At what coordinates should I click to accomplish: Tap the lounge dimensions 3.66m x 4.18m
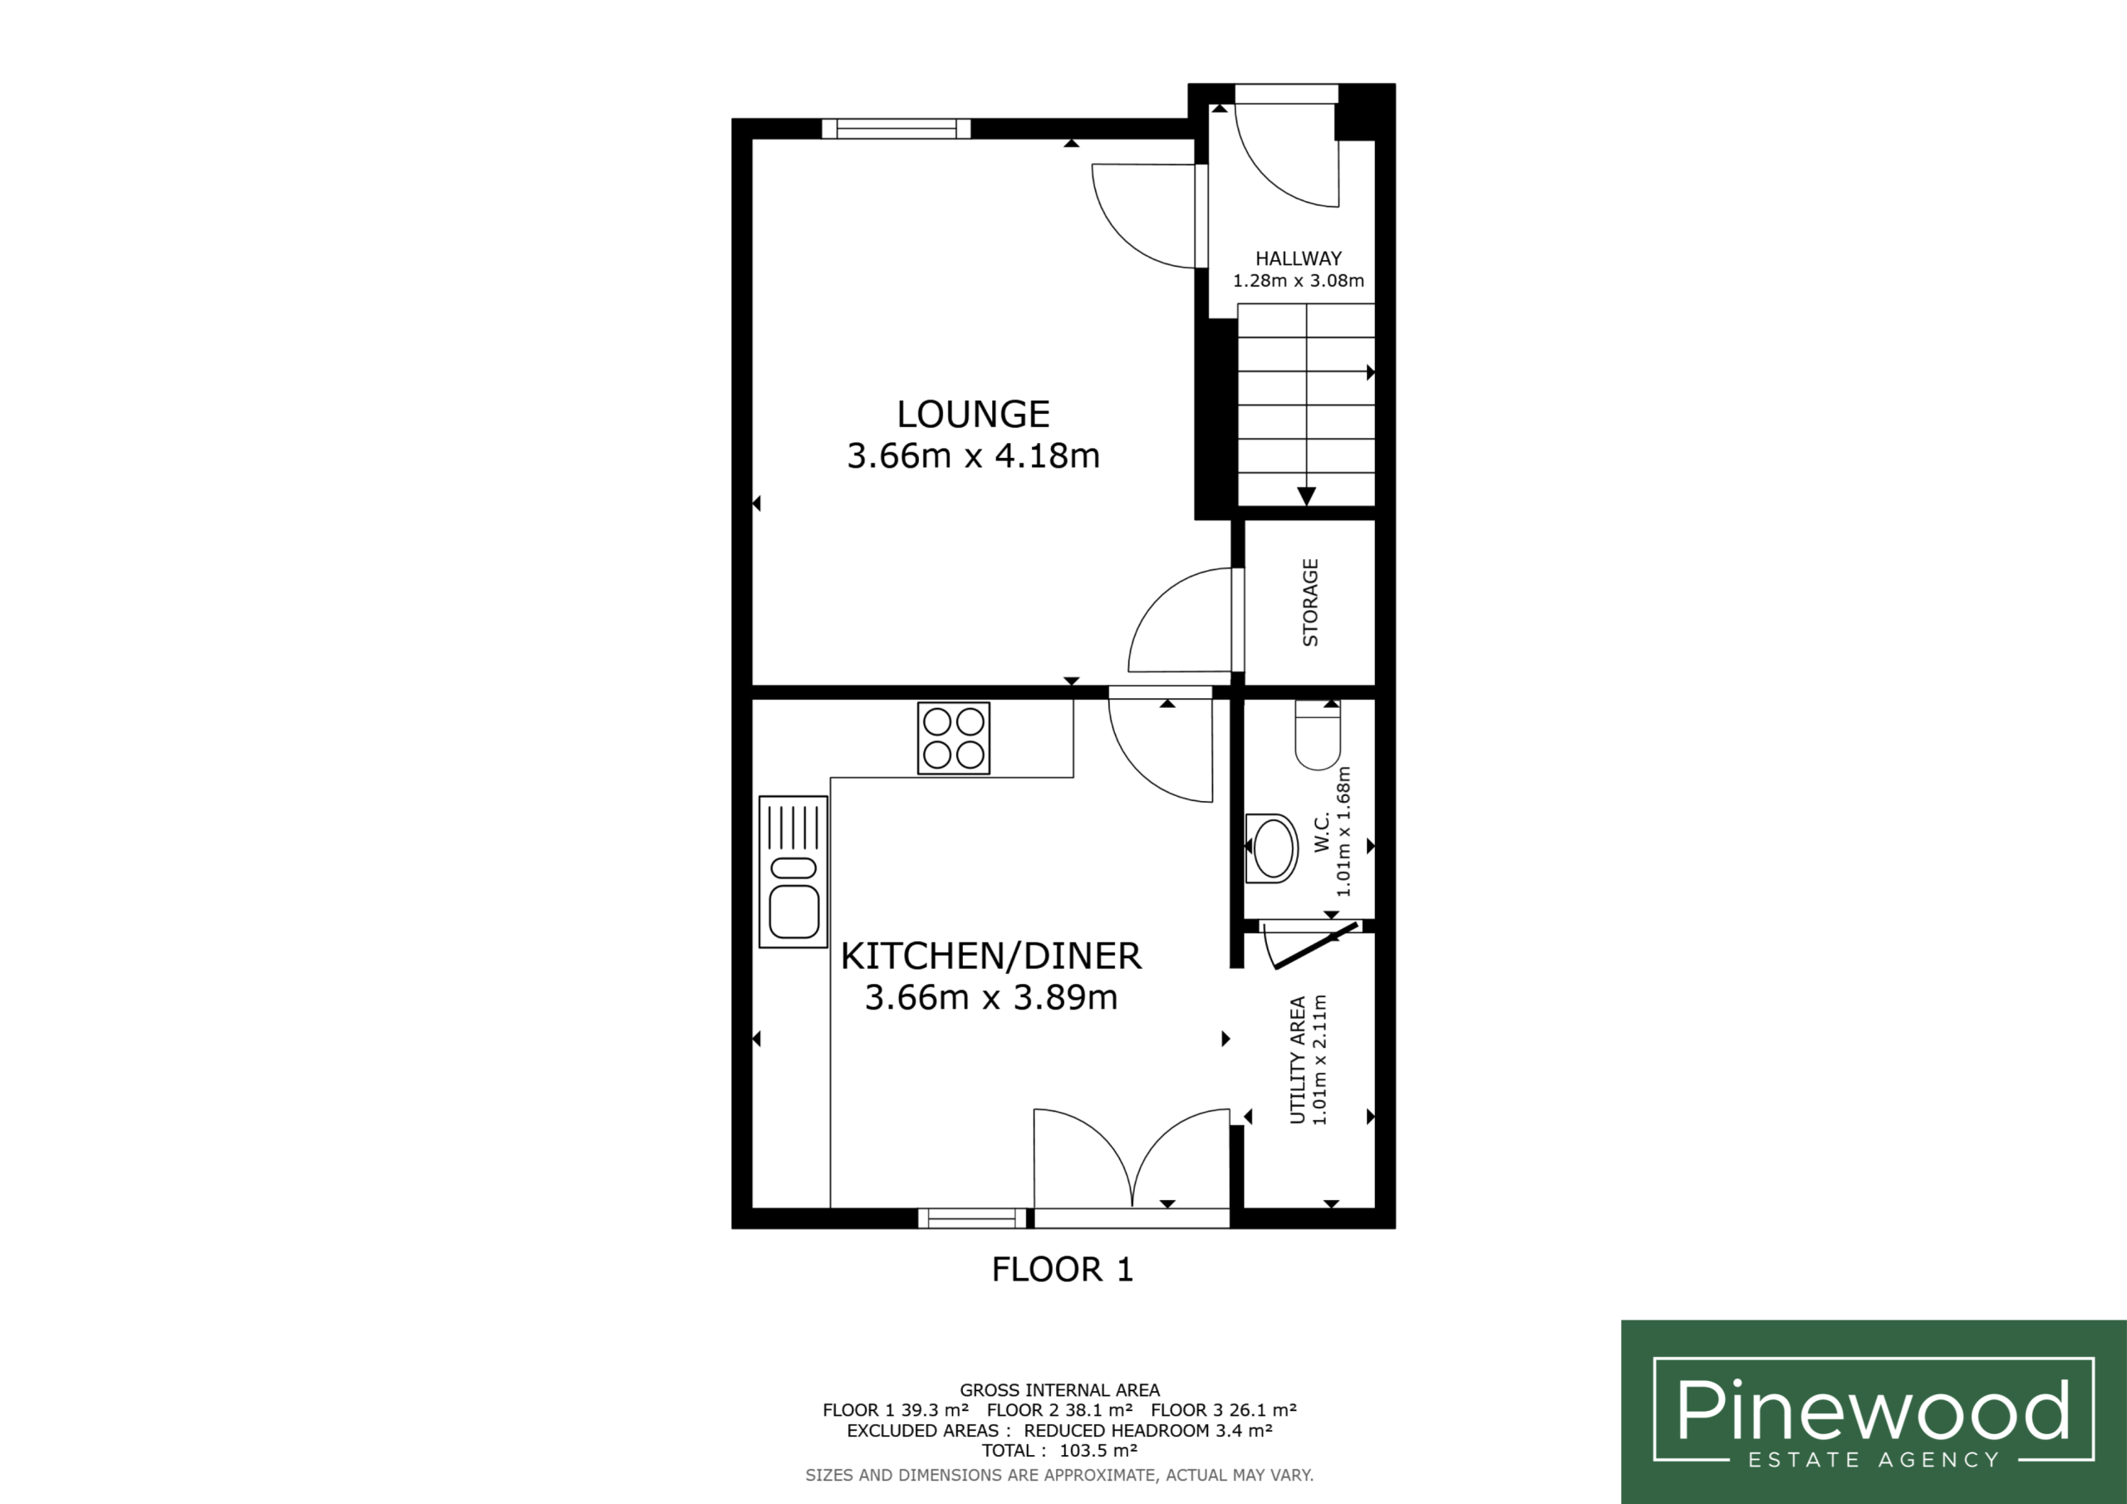[x=973, y=456]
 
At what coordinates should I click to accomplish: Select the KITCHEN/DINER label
[x=990, y=956]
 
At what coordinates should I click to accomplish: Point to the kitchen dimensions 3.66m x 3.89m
[x=990, y=997]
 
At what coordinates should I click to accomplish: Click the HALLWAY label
[x=1298, y=258]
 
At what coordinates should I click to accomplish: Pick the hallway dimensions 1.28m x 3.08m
[x=1298, y=281]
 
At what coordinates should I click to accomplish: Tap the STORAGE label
[x=1310, y=602]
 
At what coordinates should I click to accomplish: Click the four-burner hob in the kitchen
[x=953, y=739]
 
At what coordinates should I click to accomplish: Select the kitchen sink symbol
[x=793, y=871]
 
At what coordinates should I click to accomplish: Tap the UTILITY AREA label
[x=1298, y=1060]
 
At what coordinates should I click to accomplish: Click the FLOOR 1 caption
[x=1063, y=1270]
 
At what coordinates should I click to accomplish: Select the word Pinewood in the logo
[x=1873, y=1408]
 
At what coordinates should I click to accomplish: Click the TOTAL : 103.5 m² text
[x=1059, y=1451]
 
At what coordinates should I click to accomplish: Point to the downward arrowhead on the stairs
[x=1306, y=497]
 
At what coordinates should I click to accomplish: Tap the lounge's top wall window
[x=896, y=129]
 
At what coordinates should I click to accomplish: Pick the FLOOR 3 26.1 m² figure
[x=1224, y=1410]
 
